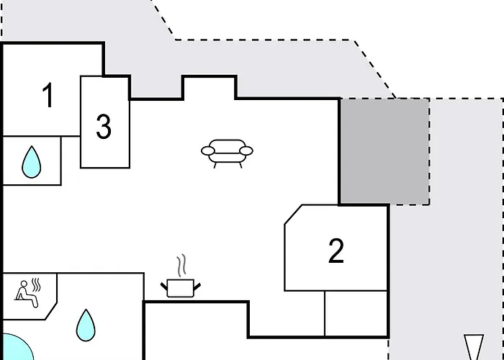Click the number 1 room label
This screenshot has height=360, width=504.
48,95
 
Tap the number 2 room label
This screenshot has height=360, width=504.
336,251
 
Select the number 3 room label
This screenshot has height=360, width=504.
104,127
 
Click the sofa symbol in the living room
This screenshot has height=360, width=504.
227,153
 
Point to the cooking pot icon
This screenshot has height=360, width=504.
181,288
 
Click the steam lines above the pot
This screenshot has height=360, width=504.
181,266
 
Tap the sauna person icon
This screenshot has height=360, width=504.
27,294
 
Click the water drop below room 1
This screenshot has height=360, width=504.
32,162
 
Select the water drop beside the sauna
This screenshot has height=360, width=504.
86,325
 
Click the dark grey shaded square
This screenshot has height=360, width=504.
384,151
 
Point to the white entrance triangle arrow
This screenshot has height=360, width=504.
474,347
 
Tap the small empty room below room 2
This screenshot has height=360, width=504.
356,314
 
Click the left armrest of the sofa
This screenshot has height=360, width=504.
208,150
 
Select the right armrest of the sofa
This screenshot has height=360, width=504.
246,150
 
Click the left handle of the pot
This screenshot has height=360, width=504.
164,286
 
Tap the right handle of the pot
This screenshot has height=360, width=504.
197,286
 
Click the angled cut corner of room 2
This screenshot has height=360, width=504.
293,215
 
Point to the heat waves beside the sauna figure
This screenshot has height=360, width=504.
36,285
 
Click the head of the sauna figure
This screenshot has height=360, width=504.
24,284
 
